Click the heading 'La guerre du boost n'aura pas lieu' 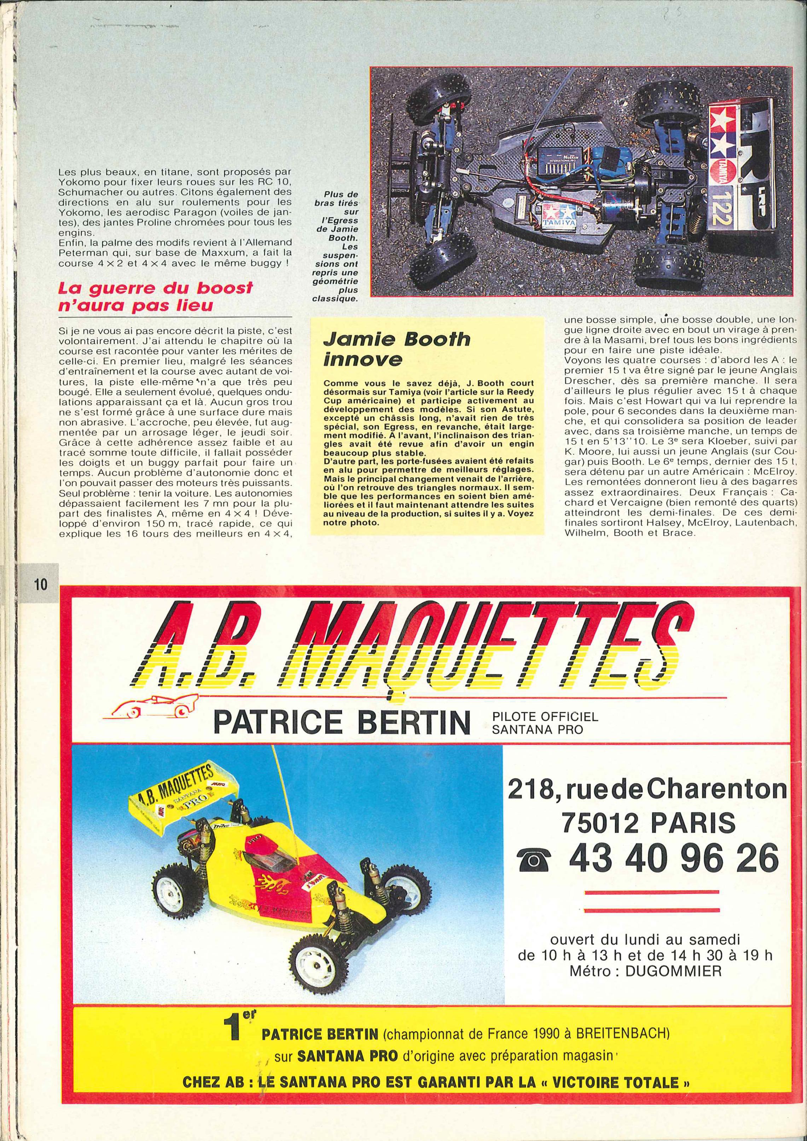(x=156, y=296)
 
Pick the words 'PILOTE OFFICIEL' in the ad (x=545, y=717)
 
